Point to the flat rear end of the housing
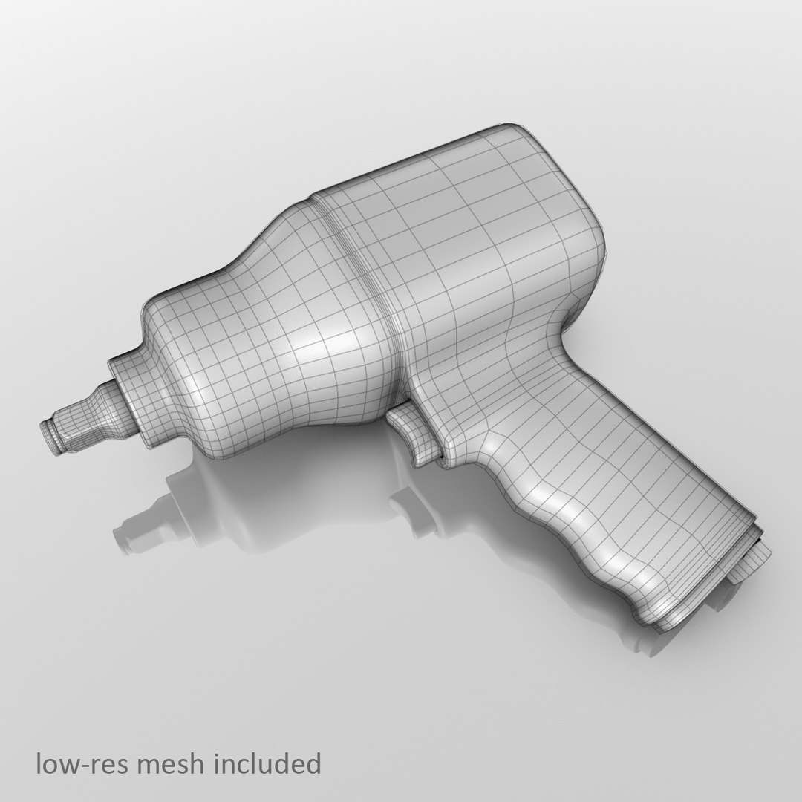(587, 208)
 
